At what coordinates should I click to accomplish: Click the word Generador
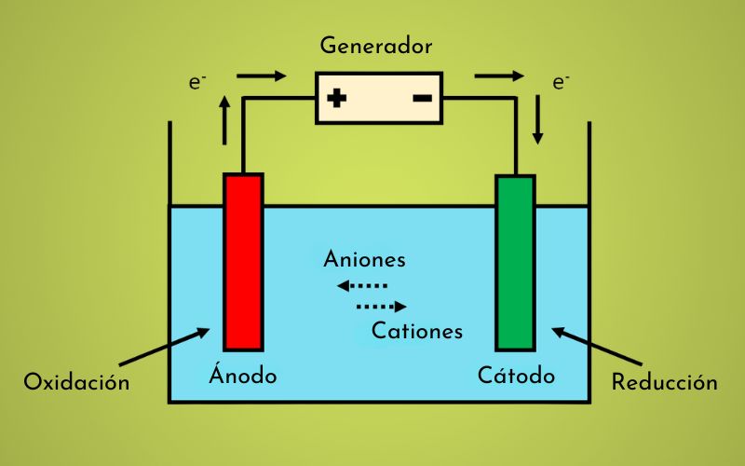click(x=375, y=45)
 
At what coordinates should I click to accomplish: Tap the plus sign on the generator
click(x=337, y=97)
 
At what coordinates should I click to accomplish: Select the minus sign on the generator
click(x=421, y=97)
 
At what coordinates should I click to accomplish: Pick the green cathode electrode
click(x=515, y=261)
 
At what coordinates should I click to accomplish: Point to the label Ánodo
click(x=242, y=377)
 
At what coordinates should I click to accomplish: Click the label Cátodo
click(x=516, y=377)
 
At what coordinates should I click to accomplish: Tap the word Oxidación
click(x=76, y=382)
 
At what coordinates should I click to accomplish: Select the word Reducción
click(x=664, y=382)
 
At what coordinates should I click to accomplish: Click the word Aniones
click(x=364, y=260)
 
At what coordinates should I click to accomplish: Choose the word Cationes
click(x=416, y=330)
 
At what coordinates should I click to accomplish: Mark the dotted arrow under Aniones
click(x=362, y=285)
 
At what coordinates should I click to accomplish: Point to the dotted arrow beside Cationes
click(x=382, y=307)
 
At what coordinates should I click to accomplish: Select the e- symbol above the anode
click(x=196, y=82)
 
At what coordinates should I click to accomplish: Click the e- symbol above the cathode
click(x=560, y=82)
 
